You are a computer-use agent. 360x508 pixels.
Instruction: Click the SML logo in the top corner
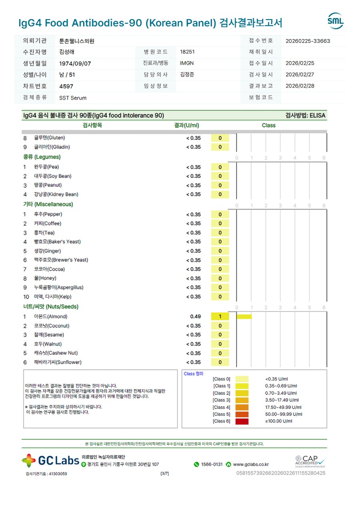(335, 21)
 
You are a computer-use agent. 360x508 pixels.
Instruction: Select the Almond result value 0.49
(195, 317)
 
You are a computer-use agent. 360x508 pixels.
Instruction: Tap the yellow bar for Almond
(244, 317)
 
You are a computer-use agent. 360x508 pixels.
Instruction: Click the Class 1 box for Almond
(220, 317)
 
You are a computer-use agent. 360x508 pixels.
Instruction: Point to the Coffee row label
(48, 223)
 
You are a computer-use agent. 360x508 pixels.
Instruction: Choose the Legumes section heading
(42, 157)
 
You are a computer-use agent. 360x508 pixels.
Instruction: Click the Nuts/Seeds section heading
(51, 307)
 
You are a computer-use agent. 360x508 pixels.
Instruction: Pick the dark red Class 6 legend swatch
(242, 421)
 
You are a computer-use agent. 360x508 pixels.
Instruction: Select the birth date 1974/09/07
(75, 64)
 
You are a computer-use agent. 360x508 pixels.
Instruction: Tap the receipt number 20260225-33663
(308, 41)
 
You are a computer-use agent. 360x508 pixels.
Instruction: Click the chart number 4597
(66, 86)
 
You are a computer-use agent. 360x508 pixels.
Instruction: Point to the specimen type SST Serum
(73, 98)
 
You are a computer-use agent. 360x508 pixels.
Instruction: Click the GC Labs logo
(50, 460)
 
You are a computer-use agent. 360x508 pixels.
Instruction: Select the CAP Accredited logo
(310, 461)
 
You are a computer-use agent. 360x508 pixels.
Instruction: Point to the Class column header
(268, 126)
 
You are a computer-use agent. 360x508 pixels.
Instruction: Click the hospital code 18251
(188, 52)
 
